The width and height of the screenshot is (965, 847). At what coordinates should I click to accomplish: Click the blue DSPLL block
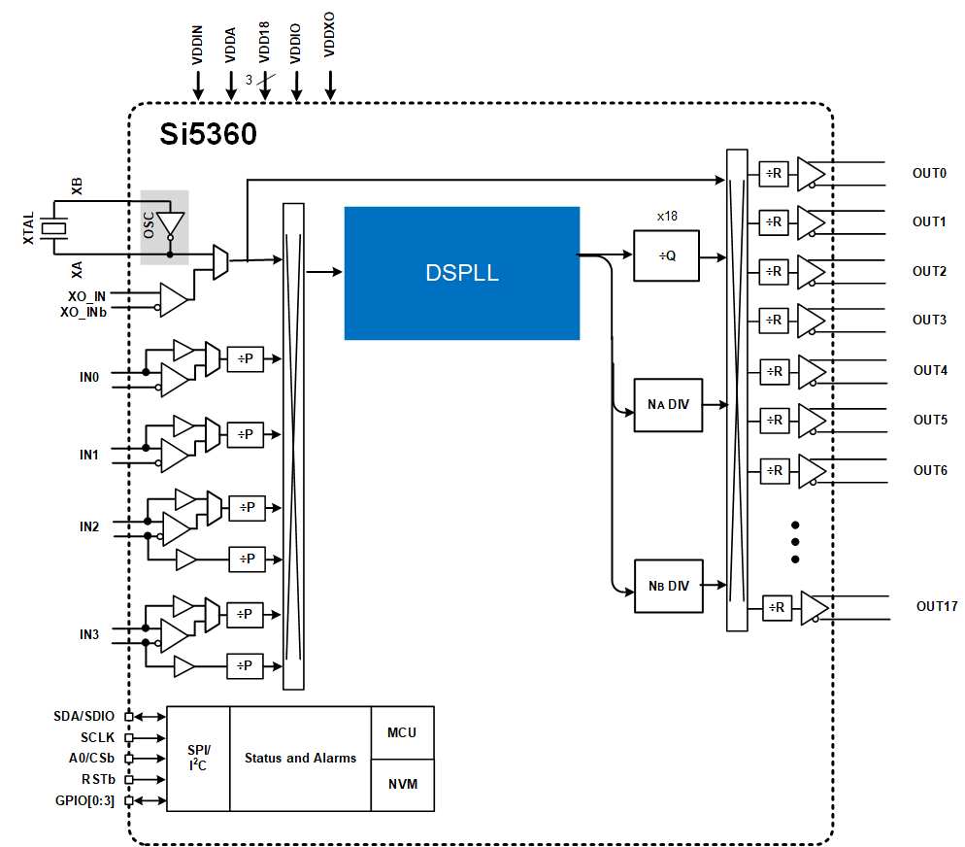point(461,273)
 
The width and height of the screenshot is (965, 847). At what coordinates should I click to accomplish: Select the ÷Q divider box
point(667,255)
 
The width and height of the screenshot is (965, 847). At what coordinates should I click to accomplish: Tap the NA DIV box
point(668,404)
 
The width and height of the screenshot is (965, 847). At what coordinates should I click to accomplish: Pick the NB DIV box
point(668,586)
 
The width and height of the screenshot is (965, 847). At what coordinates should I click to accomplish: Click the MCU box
point(403,732)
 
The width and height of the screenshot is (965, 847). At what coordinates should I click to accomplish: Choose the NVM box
point(403,785)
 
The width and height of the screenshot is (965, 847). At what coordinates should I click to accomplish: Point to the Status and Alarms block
point(300,759)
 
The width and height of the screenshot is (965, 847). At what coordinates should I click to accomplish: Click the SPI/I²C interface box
point(198,759)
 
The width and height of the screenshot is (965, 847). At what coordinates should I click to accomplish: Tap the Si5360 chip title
point(208,134)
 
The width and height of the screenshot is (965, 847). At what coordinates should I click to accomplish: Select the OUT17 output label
point(937,606)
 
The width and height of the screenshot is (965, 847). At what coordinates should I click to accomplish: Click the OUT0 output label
point(929,173)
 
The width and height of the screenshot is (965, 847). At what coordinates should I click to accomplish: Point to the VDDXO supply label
point(329,34)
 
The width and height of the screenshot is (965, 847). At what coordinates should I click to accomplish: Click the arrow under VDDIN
point(198,85)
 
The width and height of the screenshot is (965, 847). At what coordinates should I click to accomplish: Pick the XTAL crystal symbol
point(53,228)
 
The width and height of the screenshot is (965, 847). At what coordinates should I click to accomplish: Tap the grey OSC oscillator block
point(164,227)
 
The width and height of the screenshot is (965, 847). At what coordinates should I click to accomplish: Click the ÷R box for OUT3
point(774,321)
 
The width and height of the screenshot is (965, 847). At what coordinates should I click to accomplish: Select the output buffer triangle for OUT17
point(815,607)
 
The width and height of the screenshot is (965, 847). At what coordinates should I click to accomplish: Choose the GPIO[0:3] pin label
point(84,800)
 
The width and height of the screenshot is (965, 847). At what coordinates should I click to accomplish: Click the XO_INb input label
point(83,312)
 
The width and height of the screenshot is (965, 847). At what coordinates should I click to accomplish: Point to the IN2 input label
point(89,526)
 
